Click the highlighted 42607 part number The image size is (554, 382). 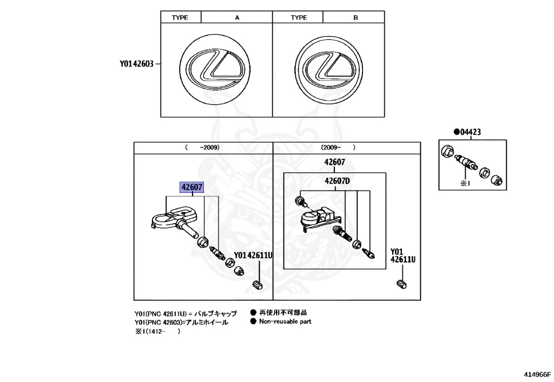tap(192, 188)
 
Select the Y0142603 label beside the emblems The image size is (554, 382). tap(137, 64)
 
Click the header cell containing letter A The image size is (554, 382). tap(236, 18)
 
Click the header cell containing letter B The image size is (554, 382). tap(355, 18)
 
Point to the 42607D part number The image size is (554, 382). tap(338, 181)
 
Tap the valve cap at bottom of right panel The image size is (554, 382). tap(401, 284)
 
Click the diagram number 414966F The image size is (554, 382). tap(536, 374)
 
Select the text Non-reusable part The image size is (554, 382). tap(285, 321)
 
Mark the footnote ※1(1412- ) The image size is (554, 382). tap(157, 332)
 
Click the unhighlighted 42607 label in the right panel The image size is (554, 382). tap(335, 162)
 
